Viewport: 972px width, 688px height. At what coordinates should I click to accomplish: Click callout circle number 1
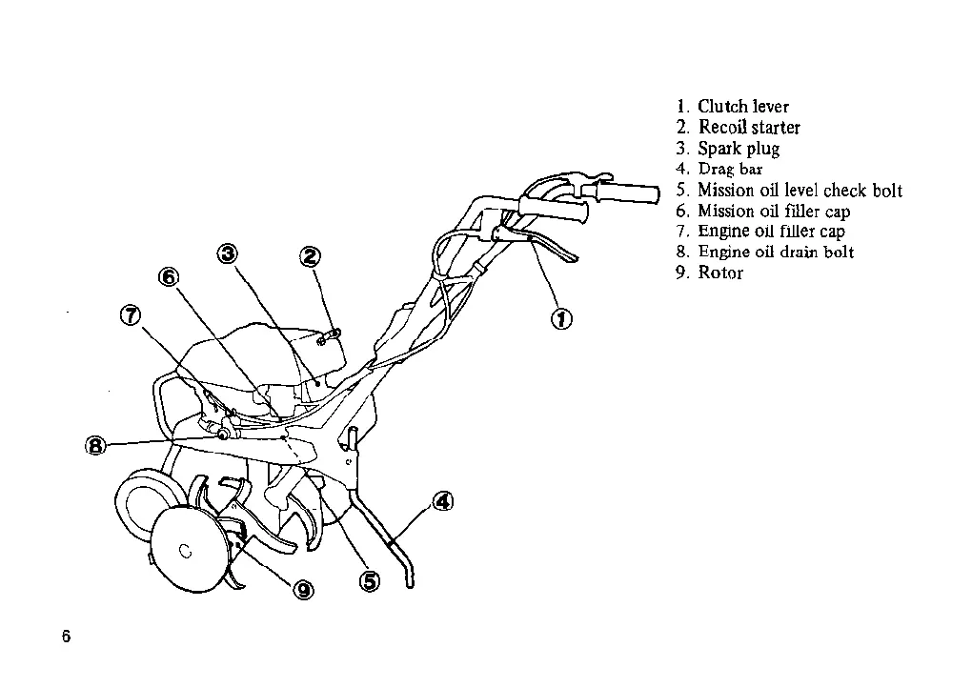[562, 319]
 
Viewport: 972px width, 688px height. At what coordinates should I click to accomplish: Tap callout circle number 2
[311, 255]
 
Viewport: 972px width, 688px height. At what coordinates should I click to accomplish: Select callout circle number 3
[228, 253]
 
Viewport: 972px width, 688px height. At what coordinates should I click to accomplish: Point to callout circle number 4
[442, 501]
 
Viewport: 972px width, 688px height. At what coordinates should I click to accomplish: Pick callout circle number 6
[168, 276]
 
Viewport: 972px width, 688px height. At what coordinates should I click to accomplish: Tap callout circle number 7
[131, 315]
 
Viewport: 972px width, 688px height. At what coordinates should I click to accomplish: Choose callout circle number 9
[303, 591]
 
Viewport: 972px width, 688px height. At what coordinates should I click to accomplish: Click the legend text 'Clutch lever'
[743, 107]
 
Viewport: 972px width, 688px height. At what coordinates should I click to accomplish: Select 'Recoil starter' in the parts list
[749, 128]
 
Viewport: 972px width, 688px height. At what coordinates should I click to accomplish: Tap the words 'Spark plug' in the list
[739, 149]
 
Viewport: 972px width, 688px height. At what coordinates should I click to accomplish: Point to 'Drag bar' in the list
[730, 170]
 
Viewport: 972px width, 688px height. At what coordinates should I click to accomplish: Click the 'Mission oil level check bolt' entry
[800, 191]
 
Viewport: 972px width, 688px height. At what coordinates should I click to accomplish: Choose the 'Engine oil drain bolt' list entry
[776, 252]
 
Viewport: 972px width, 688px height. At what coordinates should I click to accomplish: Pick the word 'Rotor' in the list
[720, 273]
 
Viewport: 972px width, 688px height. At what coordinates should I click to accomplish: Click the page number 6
[66, 637]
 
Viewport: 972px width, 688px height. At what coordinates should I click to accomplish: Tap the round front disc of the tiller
[190, 547]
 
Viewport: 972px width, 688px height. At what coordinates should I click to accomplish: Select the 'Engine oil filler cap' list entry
[771, 232]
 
